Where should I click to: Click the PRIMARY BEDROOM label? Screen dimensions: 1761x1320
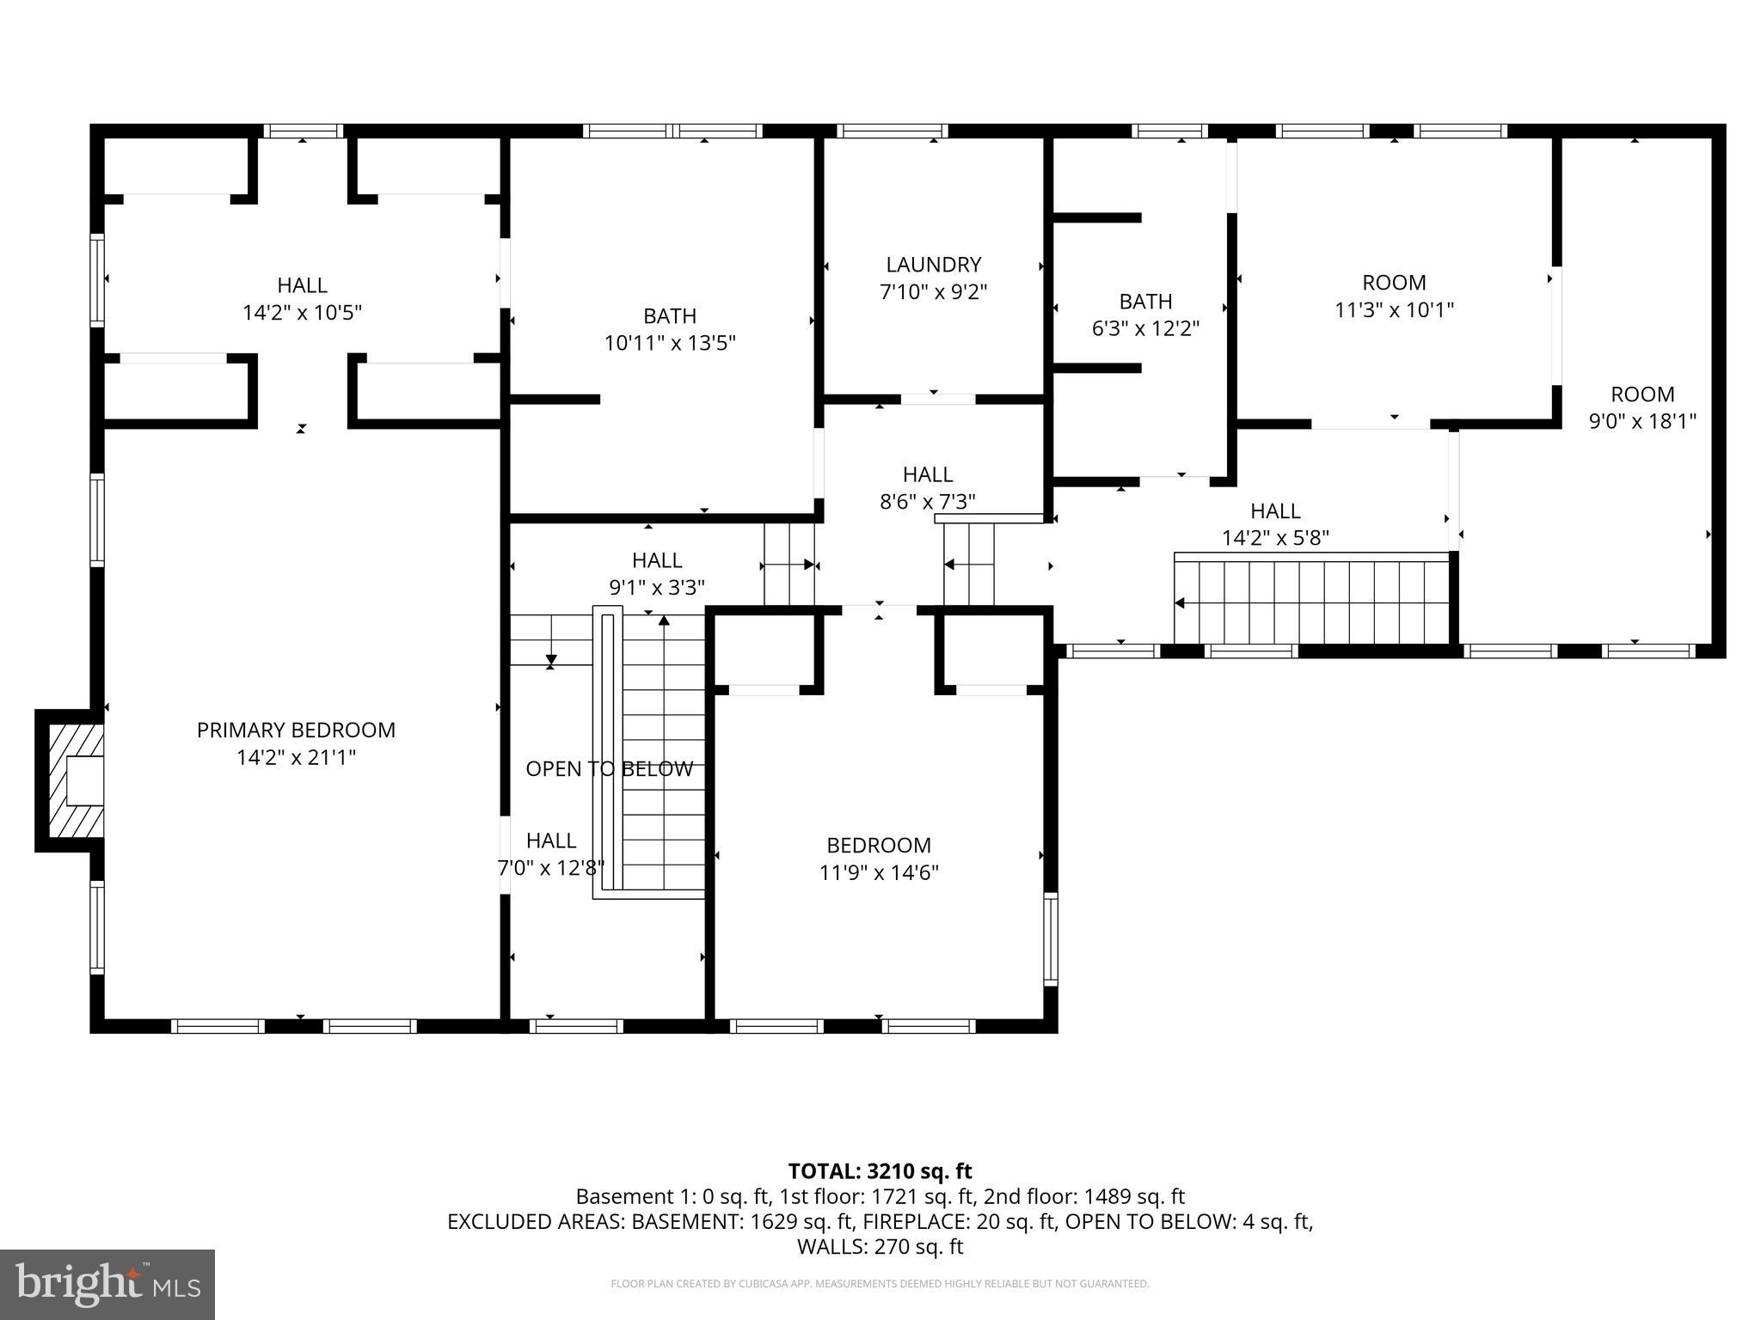[x=296, y=730]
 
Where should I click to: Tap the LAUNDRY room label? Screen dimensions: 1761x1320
[x=934, y=264]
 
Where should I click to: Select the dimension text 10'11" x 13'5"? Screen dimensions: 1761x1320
[x=670, y=343]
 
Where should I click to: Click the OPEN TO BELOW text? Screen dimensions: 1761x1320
[x=610, y=768]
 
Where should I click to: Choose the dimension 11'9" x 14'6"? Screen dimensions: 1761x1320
[x=879, y=872]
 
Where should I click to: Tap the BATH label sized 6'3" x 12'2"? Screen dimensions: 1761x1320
[x=1145, y=301]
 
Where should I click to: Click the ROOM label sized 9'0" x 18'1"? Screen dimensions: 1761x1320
[x=1642, y=394]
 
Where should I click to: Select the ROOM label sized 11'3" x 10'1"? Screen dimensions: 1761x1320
[x=1394, y=282]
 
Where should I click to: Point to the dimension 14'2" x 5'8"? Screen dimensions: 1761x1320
[x=1276, y=538]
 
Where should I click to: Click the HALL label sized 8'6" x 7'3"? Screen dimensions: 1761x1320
[x=928, y=474]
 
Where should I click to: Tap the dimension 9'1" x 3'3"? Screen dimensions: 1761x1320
[x=657, y=587]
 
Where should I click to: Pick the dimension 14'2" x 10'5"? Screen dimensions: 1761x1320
[x=303, y=312]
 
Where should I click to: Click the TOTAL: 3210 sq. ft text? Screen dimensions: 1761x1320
[x=880, y=1170]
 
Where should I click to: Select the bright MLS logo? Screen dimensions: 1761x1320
[x=107, y=1284]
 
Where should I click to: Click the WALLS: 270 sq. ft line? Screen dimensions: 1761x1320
[x=880, y=1246]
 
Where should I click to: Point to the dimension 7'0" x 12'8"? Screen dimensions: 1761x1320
[x=551, y=868]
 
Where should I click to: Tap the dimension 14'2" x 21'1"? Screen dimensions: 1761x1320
[x=296, y=757]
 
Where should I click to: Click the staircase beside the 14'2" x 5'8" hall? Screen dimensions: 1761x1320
[x=1312, y=600]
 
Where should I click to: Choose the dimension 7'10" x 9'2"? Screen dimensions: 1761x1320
[x=934, y=291]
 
